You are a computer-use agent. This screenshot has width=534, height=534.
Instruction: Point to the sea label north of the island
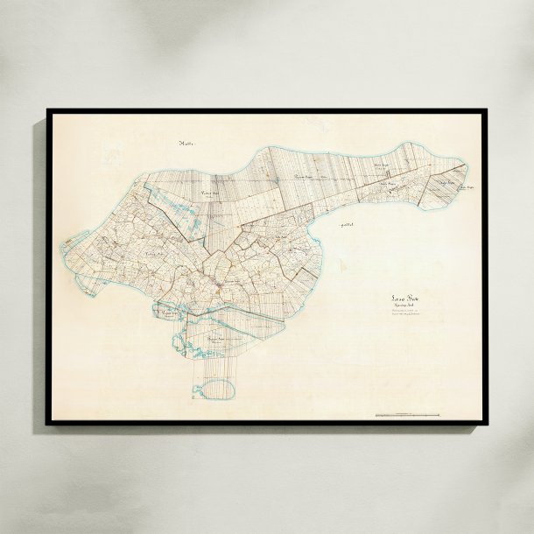point(185,142)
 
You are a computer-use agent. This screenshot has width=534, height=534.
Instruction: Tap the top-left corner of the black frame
point(47,110)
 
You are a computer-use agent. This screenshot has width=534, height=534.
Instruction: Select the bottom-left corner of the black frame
point(47,425)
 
